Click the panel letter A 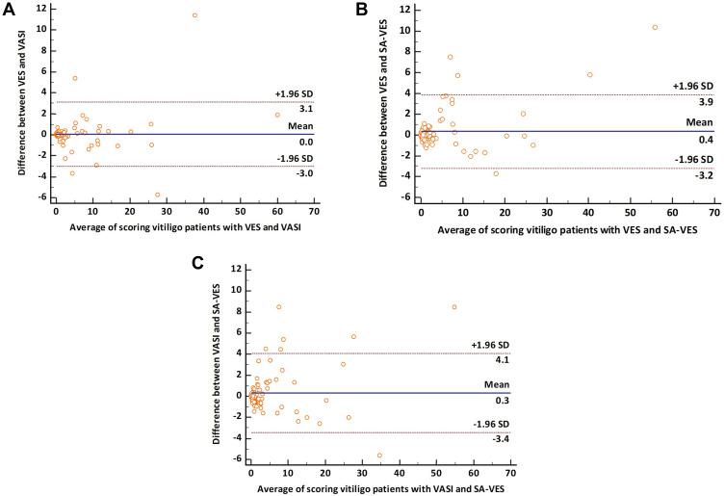click(8, 9)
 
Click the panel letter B click(362, 9)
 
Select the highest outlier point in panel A click(194, 15)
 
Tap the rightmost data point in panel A click(277, 115)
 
